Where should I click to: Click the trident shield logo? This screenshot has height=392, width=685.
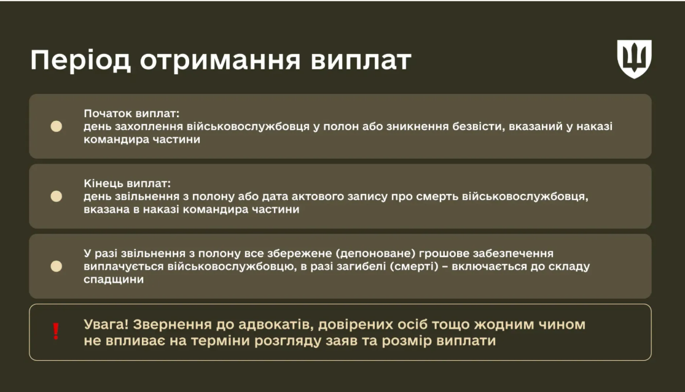pos(634,59)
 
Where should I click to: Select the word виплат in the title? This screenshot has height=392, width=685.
pos(361,61)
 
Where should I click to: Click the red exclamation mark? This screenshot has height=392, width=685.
pos(56,332)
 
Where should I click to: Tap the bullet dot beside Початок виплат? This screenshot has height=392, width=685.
pos(57,126)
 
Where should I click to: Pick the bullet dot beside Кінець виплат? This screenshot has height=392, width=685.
pos(57,196)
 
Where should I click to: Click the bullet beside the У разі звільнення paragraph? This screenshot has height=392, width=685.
pos(57,266)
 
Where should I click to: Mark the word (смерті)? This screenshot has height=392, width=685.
pos(415,266)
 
